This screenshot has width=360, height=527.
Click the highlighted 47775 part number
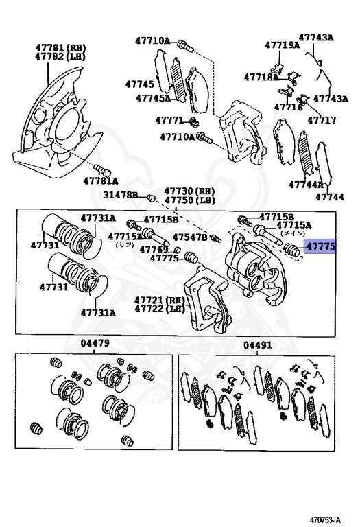321,246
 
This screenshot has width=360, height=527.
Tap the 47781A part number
101,181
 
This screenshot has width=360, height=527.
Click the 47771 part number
169,120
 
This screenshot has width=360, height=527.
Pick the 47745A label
153,98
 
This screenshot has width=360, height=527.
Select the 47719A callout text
283,45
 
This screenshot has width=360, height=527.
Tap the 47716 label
288,107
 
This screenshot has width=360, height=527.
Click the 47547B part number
190,237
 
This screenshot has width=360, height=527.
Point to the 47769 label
154,249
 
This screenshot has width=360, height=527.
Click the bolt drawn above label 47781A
102,169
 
